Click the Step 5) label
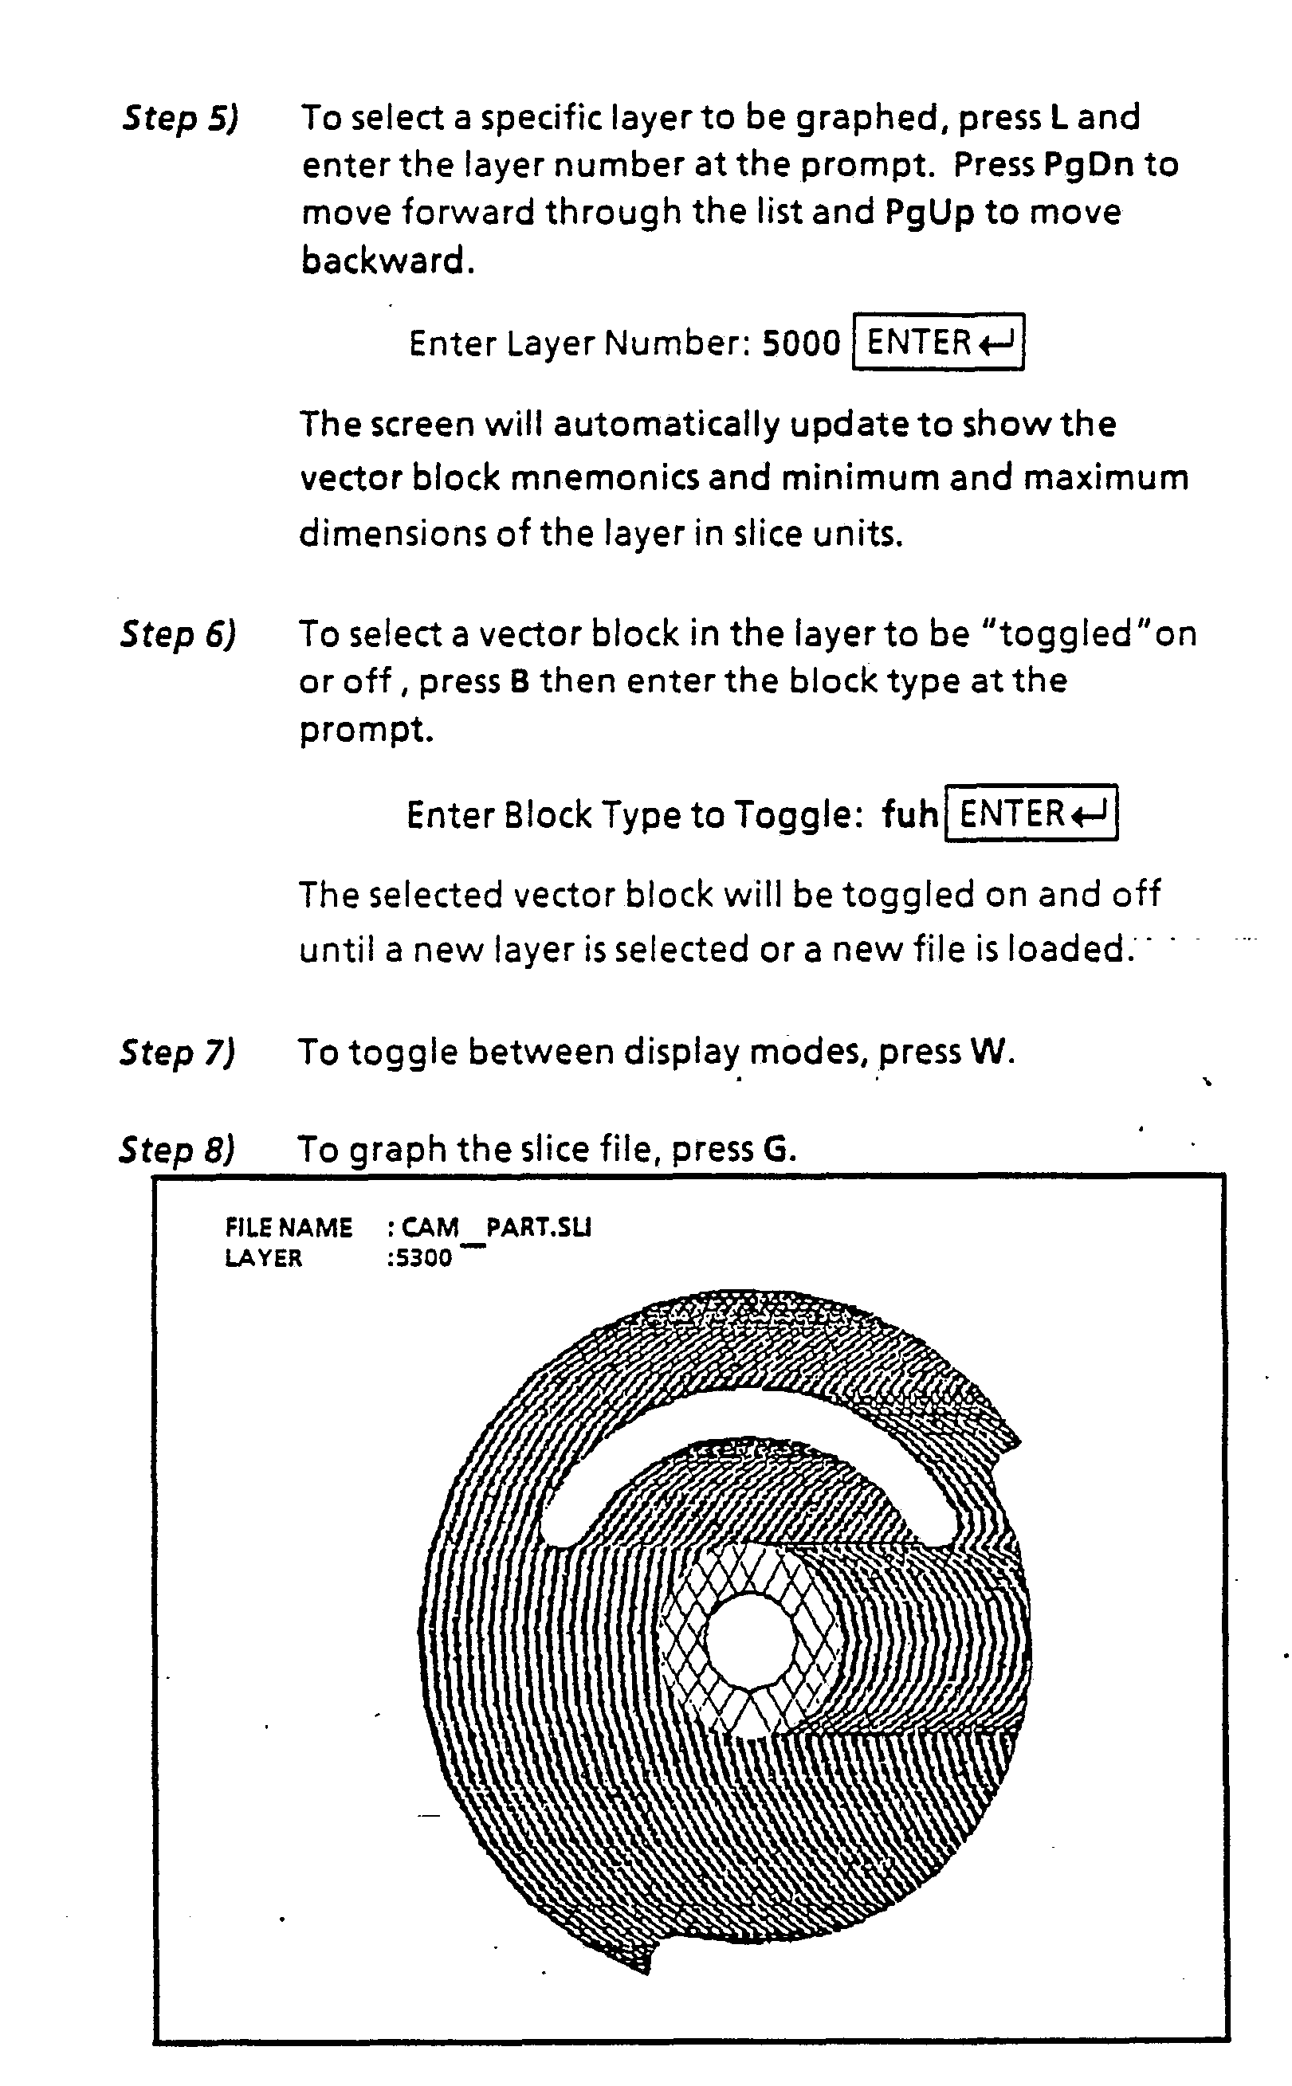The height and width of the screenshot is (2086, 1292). point(180,118)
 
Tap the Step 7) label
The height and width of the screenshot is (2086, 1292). point(178,1053)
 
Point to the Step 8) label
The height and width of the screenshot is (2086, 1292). point(177,1150)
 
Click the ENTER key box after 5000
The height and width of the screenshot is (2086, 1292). point(938,343)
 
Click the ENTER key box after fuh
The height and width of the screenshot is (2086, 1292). point(1031,814)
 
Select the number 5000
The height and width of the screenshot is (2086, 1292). point(802,343)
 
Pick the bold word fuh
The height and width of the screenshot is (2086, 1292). point(910,814)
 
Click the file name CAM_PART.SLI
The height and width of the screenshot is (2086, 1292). point(497,1228)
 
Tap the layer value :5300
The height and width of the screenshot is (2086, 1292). point(418,1257)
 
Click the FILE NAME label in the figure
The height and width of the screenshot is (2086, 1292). point(289,1228)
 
